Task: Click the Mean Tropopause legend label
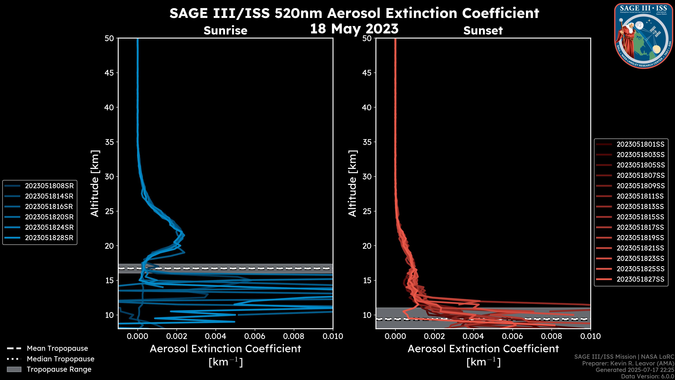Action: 57,348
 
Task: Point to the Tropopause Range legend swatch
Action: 14,369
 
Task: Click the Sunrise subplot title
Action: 225,30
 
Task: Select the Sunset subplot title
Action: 483,31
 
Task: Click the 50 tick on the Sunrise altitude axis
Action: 109,38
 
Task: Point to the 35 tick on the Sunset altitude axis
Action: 367,142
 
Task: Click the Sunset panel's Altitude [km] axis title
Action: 352,183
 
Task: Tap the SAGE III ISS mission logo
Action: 644,36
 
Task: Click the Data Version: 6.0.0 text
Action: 648,377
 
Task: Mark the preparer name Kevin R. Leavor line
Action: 628,363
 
